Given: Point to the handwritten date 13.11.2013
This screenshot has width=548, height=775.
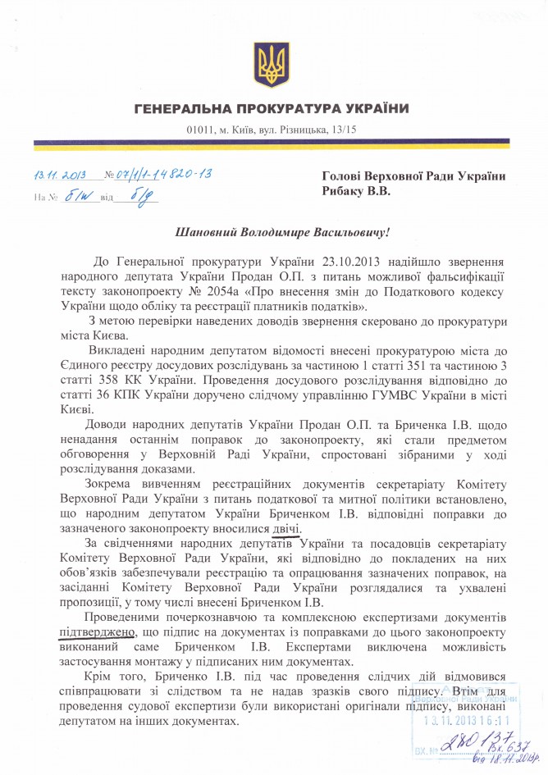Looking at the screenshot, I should [x=61, y=174].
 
